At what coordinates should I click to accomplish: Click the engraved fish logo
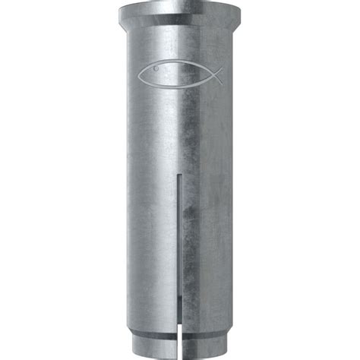180,74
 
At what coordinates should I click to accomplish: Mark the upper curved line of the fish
175,65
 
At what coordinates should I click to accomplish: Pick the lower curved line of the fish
175,84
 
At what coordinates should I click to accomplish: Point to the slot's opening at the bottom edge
179,353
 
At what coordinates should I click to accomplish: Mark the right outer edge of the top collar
241,19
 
